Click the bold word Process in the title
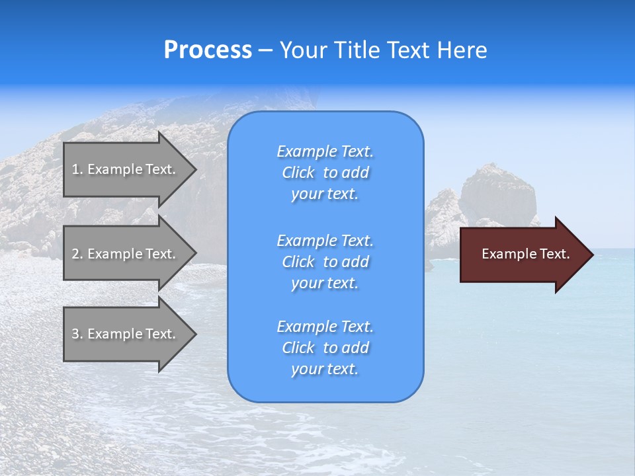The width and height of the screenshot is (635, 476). tap(208, 50)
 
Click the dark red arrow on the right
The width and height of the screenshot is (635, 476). tap(523, 255)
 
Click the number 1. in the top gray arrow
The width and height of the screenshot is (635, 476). tap(77, 169)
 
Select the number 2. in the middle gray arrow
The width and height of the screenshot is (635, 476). tap(77, 254)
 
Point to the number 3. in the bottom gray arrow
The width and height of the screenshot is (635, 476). tap(77, 334)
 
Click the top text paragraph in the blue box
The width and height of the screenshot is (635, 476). tap(325, 173)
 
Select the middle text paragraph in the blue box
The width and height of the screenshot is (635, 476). tap(325, 262)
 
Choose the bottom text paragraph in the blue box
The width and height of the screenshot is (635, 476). tap(325, 348)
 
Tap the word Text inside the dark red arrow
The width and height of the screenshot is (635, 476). tap(555, 254)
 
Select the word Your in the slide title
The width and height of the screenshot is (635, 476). tap(304, 50)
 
